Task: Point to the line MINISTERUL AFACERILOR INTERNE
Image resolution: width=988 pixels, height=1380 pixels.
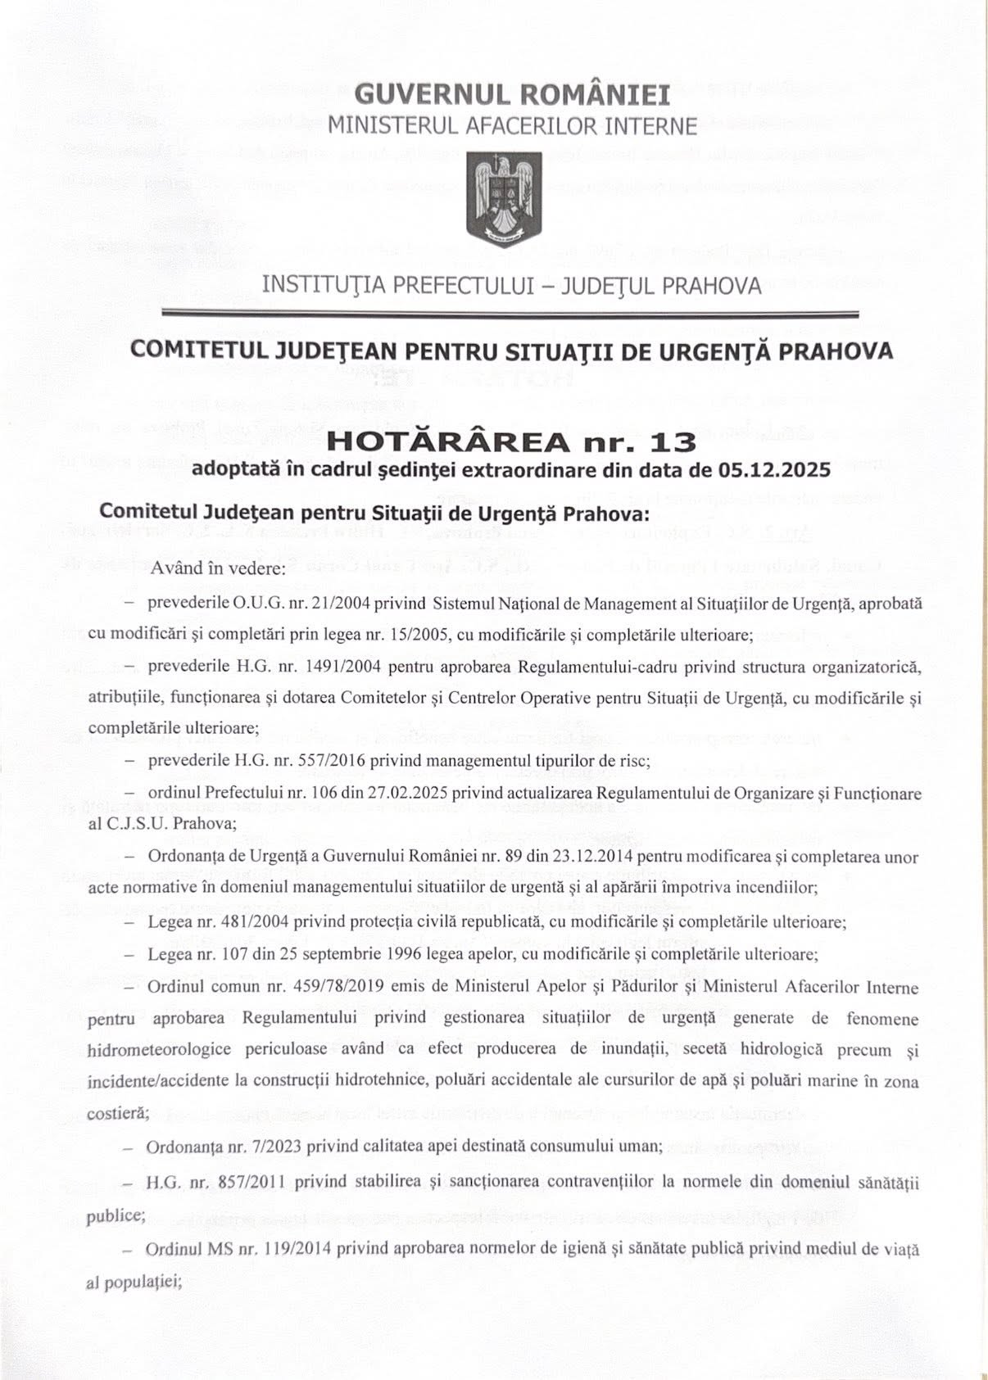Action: [x=512, y=126]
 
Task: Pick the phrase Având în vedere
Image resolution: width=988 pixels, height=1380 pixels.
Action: [x=217, y=570]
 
